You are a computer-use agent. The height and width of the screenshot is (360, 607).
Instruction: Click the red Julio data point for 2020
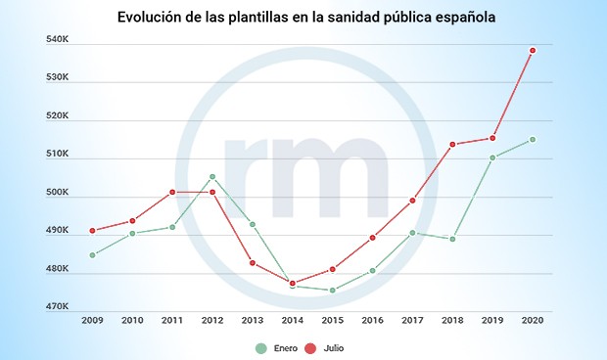click(533, 50)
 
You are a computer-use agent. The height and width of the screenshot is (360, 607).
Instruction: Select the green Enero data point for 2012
click(212, 177)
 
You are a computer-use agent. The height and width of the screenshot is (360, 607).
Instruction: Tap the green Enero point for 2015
click(333, 290)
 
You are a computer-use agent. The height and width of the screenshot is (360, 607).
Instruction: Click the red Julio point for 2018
click(452, 145)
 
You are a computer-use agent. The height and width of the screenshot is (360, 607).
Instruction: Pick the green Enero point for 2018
click(452, 239)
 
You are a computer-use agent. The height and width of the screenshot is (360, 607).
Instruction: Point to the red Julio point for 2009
click(92, 231)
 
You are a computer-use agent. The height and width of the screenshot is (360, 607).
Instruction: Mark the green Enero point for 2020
click(533, 139)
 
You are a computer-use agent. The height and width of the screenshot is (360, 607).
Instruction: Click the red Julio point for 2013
click(253, 262)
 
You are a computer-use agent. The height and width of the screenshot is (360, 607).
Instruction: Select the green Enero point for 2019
click(492, 157)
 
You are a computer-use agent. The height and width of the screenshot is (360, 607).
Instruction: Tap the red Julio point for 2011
click(172, 192)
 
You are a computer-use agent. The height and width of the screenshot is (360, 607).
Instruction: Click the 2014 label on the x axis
click(293, 320)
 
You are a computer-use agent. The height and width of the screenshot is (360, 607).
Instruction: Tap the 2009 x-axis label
click(92, 320)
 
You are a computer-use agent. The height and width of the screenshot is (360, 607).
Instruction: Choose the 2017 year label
click(412, 320)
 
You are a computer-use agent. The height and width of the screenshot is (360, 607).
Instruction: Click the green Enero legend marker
click(259, 347)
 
